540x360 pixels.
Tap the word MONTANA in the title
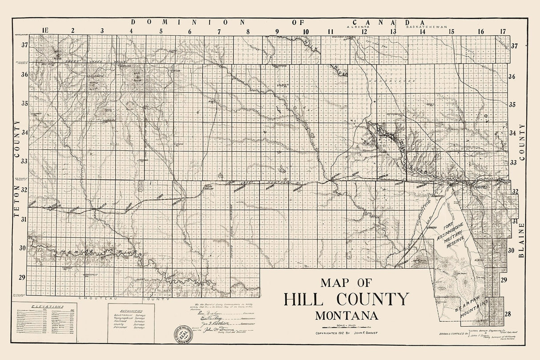point(347,316)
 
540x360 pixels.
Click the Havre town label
point(480,188)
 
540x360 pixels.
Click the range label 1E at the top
point(43,31)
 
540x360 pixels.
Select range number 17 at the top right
point(503,31)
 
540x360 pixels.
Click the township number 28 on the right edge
point(508,314)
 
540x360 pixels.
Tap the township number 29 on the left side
point(21,277)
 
